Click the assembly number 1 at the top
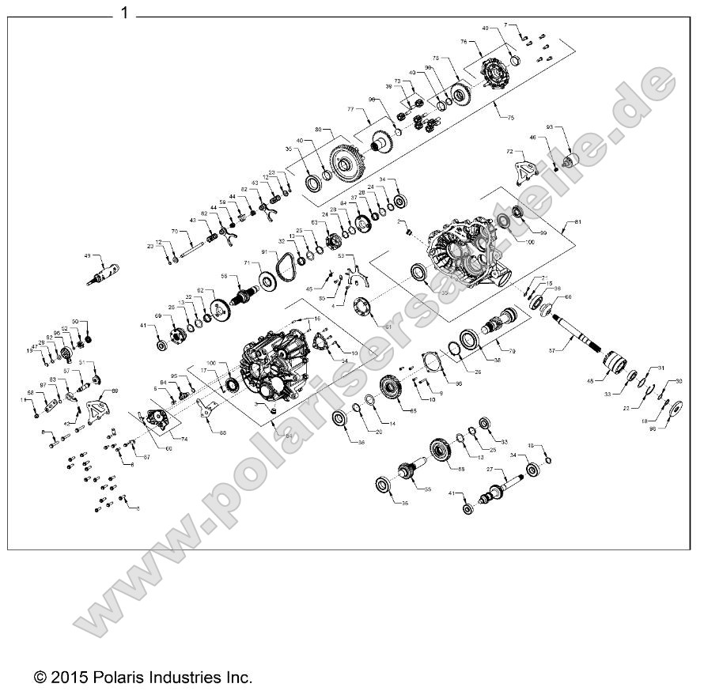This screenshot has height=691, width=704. pyautogui.click(x=124, y=13)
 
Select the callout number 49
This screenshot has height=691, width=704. pyautogui.click(x=88, y=256)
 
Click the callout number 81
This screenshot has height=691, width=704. pyautogui.click(x=577, y=223)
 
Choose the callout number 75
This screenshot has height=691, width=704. pyautogui.click(x=510, y=117)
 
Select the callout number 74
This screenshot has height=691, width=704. pyautogui.click(x=185, y=438)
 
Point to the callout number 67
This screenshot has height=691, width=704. pyautogui.click(x=147, y=458)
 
